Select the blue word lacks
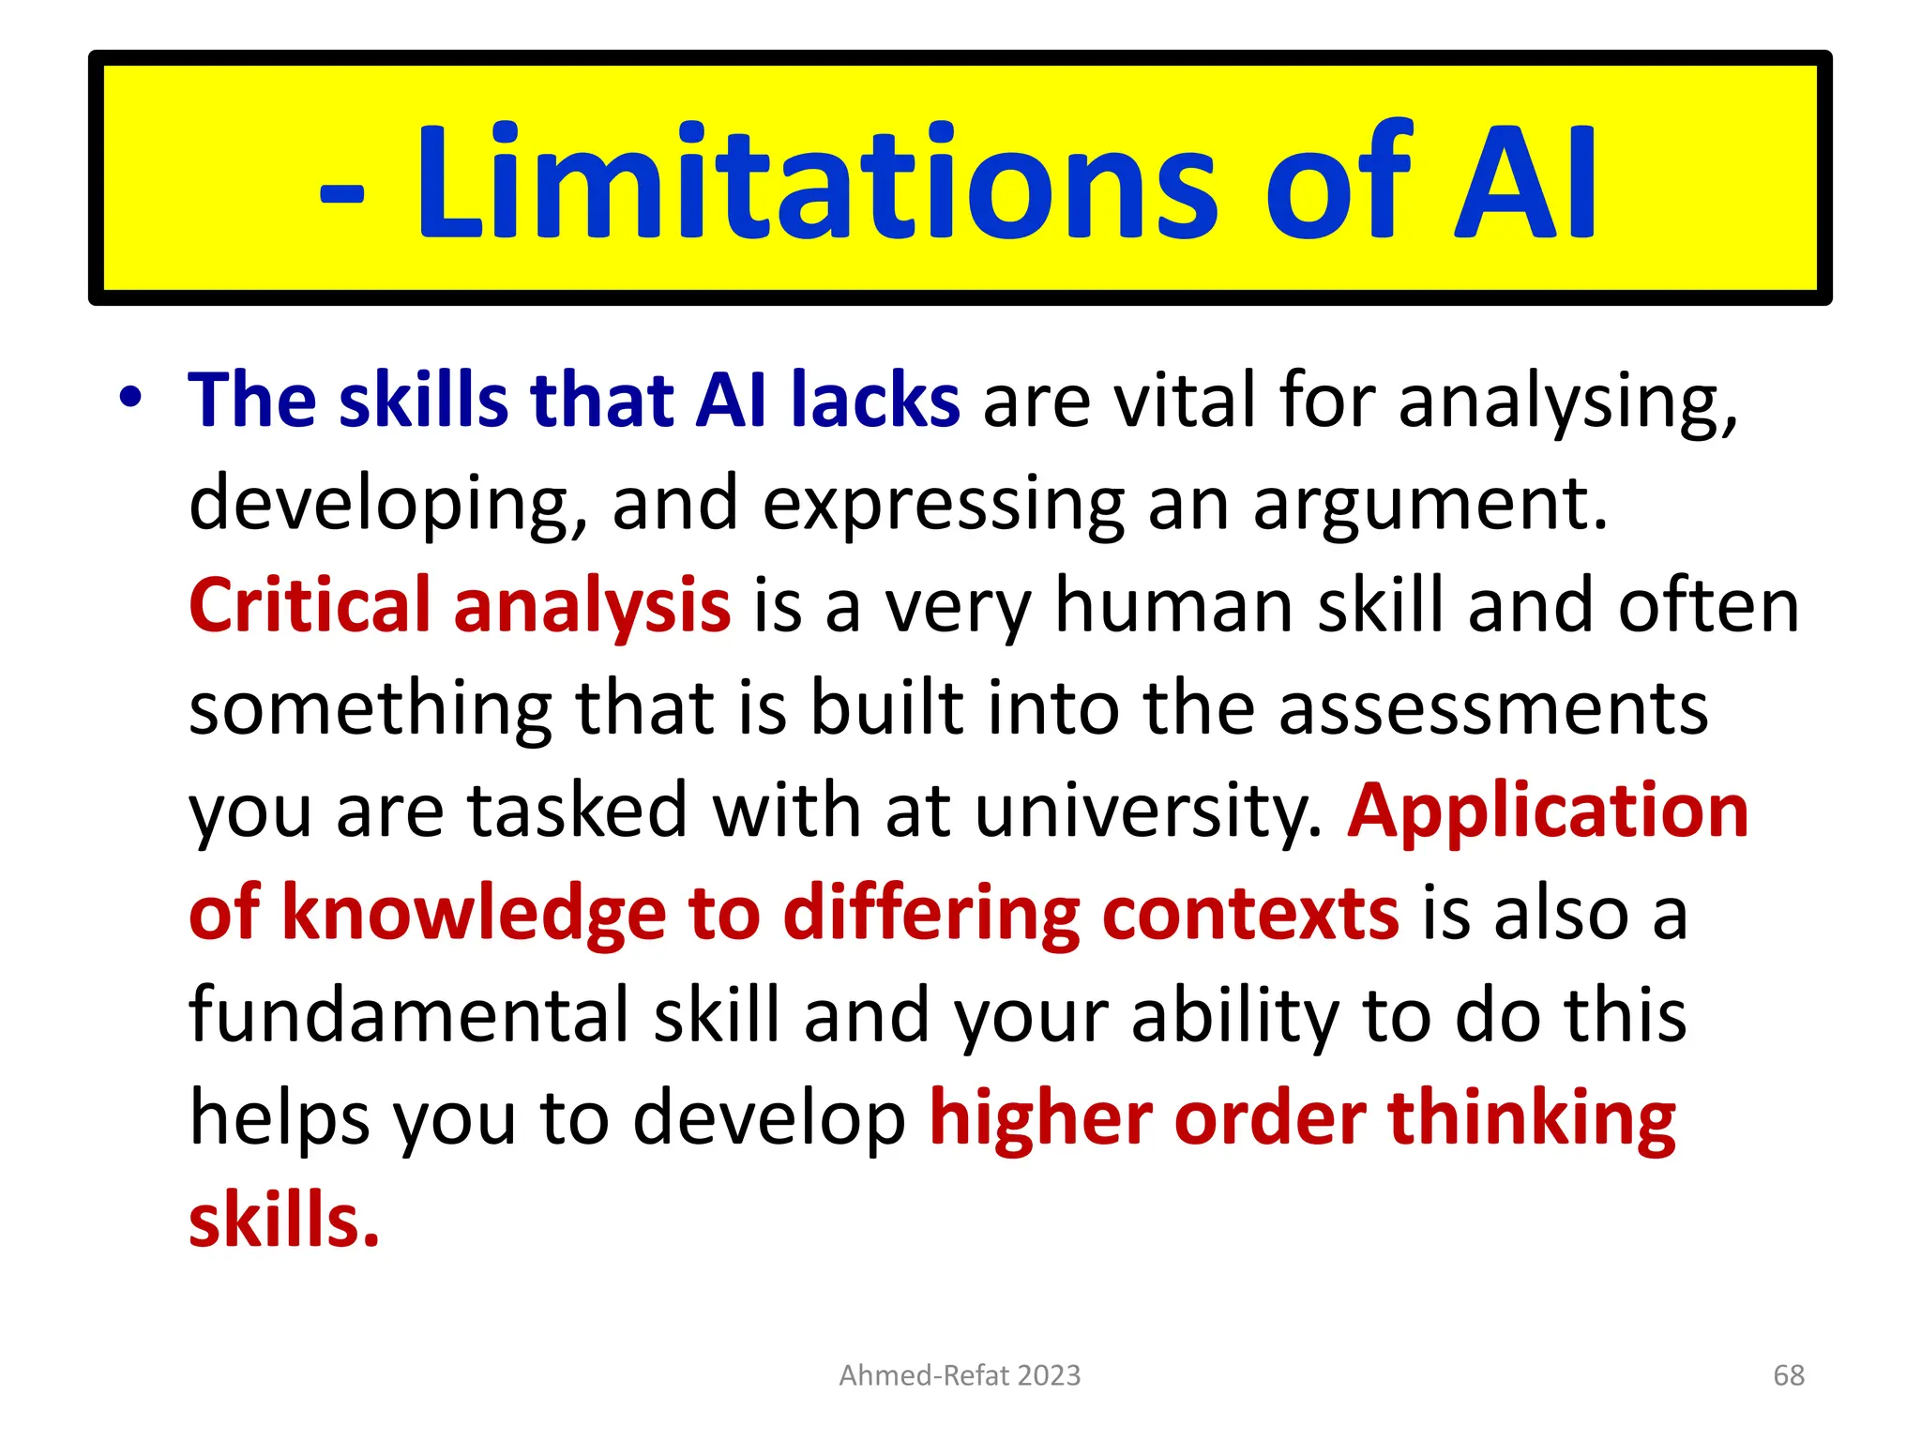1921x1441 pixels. (x=875, y=401)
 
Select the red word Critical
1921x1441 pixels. (x=310, y=606)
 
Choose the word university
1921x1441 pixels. (x=1148, y=812)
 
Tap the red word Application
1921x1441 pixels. (x=1548, y=812)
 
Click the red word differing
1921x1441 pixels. (x=930, y=915)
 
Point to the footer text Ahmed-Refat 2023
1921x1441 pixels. (x=960, y=1375)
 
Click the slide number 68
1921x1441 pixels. (x=1789, y=1375)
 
